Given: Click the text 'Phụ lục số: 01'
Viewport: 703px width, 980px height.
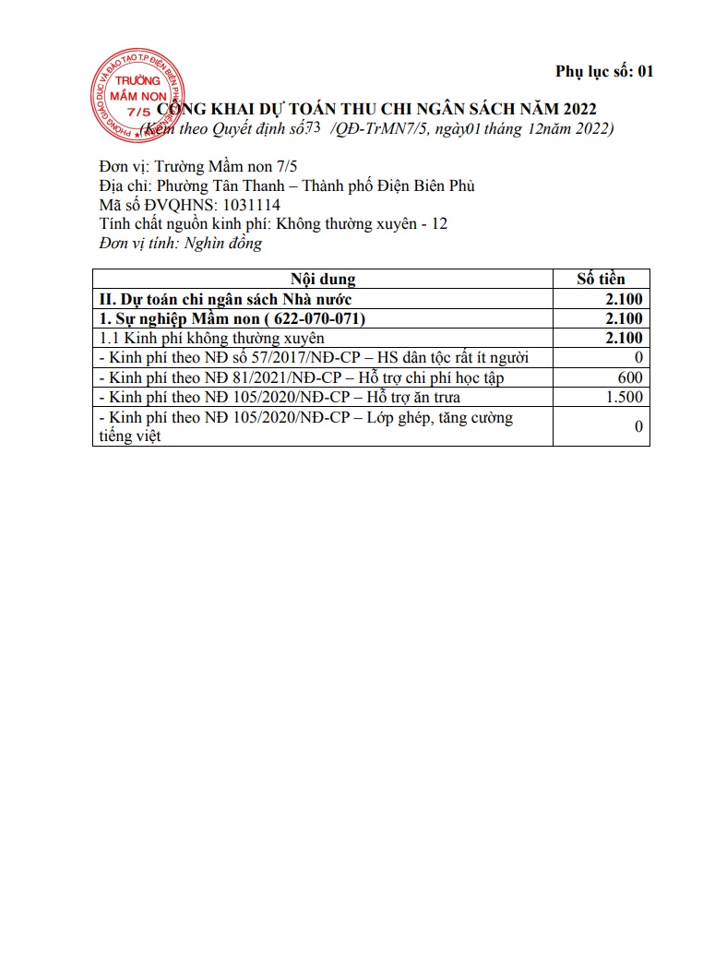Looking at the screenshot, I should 604,71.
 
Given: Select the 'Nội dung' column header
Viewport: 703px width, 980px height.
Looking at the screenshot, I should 323,280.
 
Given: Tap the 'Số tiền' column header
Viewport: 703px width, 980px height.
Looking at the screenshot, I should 601,280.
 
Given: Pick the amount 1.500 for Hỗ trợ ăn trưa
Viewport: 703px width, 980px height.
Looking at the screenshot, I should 625,397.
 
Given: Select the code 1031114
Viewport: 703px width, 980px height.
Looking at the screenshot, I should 245,205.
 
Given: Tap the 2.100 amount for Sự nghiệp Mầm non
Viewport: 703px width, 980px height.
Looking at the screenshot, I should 624,318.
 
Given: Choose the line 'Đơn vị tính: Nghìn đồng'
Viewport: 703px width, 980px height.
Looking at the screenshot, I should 181,244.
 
